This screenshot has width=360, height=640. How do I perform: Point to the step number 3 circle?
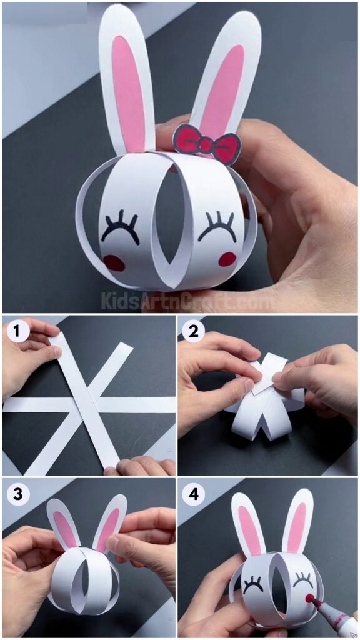click(x=17, y=492)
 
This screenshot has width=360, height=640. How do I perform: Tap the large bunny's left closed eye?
click(x=120, y=227)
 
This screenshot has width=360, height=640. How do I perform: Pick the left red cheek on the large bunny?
click(x=114, y=262)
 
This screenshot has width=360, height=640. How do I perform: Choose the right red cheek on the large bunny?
click(x=227, y=259)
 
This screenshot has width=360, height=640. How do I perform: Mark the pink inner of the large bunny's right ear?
click(x=224, y=87)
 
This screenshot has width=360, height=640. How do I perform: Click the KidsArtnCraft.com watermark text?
click(x=187, y=302)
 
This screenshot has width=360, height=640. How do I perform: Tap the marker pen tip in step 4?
click(x=309, y=599)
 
